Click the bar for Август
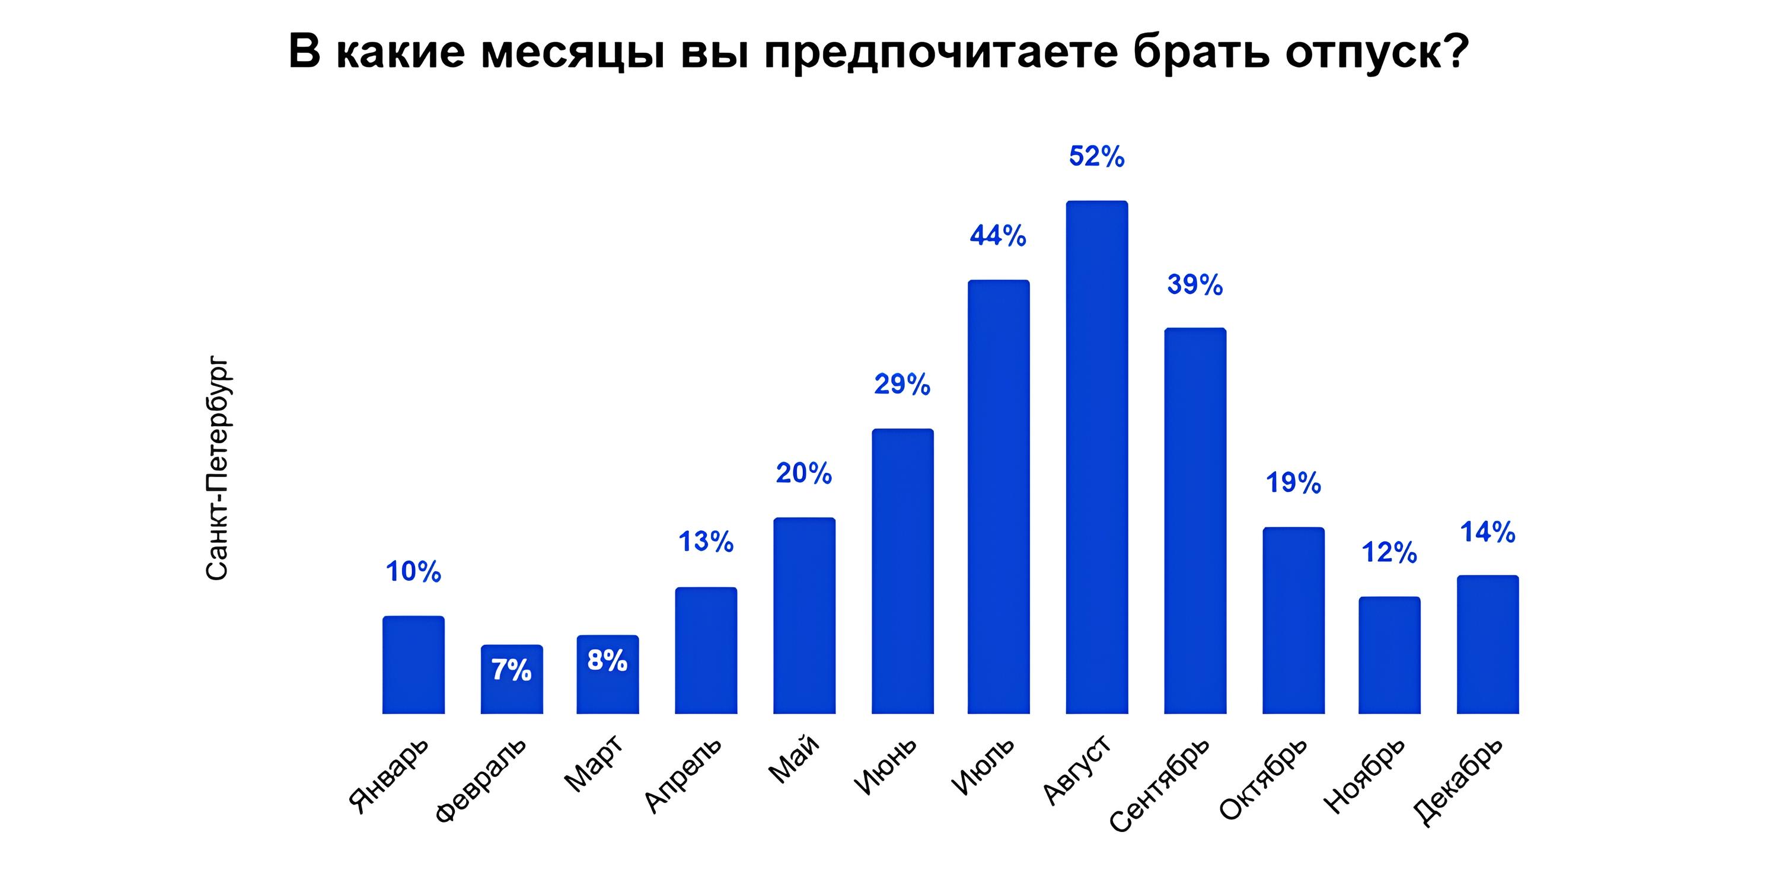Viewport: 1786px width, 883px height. pos(1097,458)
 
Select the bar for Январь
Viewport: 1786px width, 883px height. pos(413,665)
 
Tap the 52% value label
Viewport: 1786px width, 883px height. pos(1097,156)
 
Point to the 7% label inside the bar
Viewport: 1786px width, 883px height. pos(512,670)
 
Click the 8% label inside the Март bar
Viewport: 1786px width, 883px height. pos(607,661)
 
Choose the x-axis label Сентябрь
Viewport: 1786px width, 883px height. pos(1160,784)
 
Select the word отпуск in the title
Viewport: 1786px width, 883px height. pos(1376,52)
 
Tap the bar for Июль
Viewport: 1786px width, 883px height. pos(999,497)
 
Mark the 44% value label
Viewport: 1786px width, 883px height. pos(999,236)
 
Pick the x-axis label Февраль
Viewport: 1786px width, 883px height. pos(480,780)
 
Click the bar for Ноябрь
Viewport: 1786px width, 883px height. pos(1389,655)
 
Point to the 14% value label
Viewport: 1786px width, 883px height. pos(1488,532)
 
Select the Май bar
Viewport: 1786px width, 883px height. pos(804,616)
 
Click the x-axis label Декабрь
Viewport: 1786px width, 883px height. pos(1458,781)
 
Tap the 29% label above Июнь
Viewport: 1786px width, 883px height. pos(902,385)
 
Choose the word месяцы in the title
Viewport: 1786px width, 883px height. pos(572,52)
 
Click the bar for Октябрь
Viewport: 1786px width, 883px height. pos(1293,620)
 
